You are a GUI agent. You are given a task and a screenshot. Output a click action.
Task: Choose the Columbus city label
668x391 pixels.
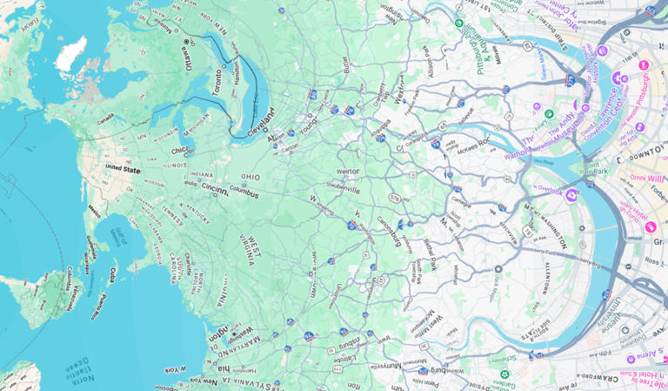tap(244, 188)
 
